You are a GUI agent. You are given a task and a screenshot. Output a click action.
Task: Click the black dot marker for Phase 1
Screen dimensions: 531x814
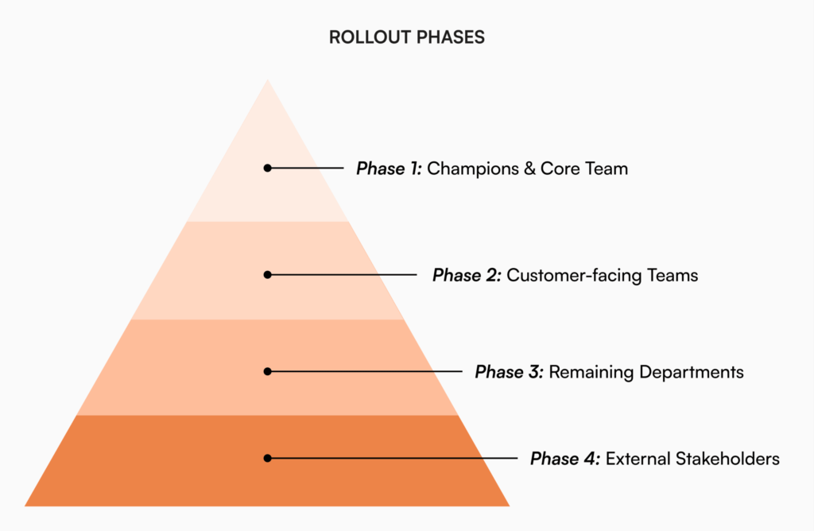coord(268,168)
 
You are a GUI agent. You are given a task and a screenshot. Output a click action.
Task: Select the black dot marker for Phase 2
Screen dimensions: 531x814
coord(268,274)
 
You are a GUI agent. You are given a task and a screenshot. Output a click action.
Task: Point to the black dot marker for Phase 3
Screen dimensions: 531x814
coord(268,371)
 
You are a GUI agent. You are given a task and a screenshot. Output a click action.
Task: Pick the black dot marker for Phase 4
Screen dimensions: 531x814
coord(268,458)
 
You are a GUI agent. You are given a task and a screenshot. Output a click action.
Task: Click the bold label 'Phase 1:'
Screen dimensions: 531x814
coord(389,169)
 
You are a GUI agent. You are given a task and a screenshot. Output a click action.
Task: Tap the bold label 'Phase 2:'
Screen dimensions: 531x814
coord(466,275)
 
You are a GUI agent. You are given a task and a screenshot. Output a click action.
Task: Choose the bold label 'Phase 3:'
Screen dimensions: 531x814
coord(509,372)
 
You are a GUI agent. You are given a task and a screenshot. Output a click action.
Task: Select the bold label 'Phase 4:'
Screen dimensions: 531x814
coord(564,459)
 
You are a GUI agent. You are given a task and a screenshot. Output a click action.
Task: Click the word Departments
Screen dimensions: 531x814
coord(693,372)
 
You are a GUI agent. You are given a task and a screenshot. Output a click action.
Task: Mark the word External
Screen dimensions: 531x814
coord(638,459)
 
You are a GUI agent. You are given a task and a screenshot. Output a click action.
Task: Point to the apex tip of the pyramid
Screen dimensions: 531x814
coord(268,80)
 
